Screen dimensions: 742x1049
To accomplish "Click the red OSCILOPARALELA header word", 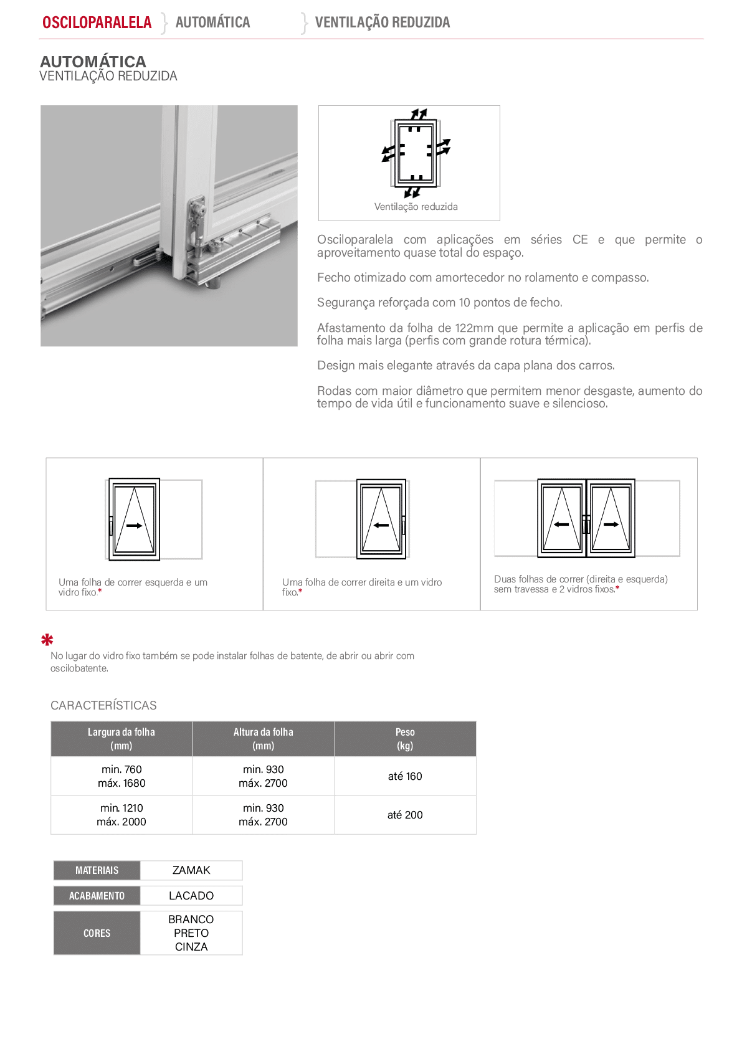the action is [x=97, y=22].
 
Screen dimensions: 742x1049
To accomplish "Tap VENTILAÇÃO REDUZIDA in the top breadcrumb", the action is [x=383, y=22].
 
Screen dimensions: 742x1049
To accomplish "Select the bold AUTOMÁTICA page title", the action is [x=93, y=61].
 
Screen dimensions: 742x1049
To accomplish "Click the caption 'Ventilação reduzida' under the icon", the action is [x=416, y=207].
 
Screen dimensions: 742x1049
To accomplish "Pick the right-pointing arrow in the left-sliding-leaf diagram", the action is [x=134, y=526].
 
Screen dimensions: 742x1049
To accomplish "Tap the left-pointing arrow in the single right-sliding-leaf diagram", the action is [x=381, y=525].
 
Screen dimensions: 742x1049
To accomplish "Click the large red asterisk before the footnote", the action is [x=47, y=639].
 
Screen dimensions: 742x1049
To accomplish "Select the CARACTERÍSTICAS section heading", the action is [x=103, y=705].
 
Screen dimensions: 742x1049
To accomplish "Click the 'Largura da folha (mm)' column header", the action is [x=121, y=739].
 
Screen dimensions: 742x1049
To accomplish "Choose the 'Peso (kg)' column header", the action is [x=405, y=739].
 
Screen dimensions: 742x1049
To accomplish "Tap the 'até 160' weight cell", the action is [x=405, y=776].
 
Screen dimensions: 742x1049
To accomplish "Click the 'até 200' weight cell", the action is [x=405, y=815].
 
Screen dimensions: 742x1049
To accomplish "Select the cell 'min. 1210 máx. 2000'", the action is [x=121, y=815].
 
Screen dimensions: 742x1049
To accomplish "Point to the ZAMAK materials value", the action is [x=191, y=870].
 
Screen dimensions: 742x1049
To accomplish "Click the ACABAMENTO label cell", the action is [x=97, y=895].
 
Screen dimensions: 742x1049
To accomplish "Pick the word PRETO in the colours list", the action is [x=191, y=933].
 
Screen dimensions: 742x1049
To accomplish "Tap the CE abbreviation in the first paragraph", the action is [x=580, y=239].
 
